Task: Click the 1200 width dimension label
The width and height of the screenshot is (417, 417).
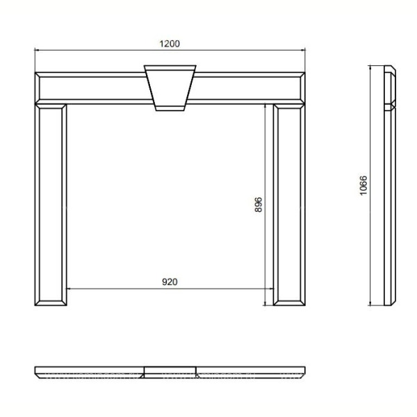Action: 170,44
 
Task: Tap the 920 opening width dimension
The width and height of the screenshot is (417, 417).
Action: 170,282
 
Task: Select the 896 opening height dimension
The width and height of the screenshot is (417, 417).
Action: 259,204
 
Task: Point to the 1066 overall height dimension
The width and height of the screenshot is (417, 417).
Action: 363,186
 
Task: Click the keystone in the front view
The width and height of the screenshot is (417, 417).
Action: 170,88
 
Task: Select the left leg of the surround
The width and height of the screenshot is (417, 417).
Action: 51,205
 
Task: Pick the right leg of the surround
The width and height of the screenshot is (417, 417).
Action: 289,205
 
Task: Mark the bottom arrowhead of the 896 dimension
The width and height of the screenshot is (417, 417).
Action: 265,303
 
